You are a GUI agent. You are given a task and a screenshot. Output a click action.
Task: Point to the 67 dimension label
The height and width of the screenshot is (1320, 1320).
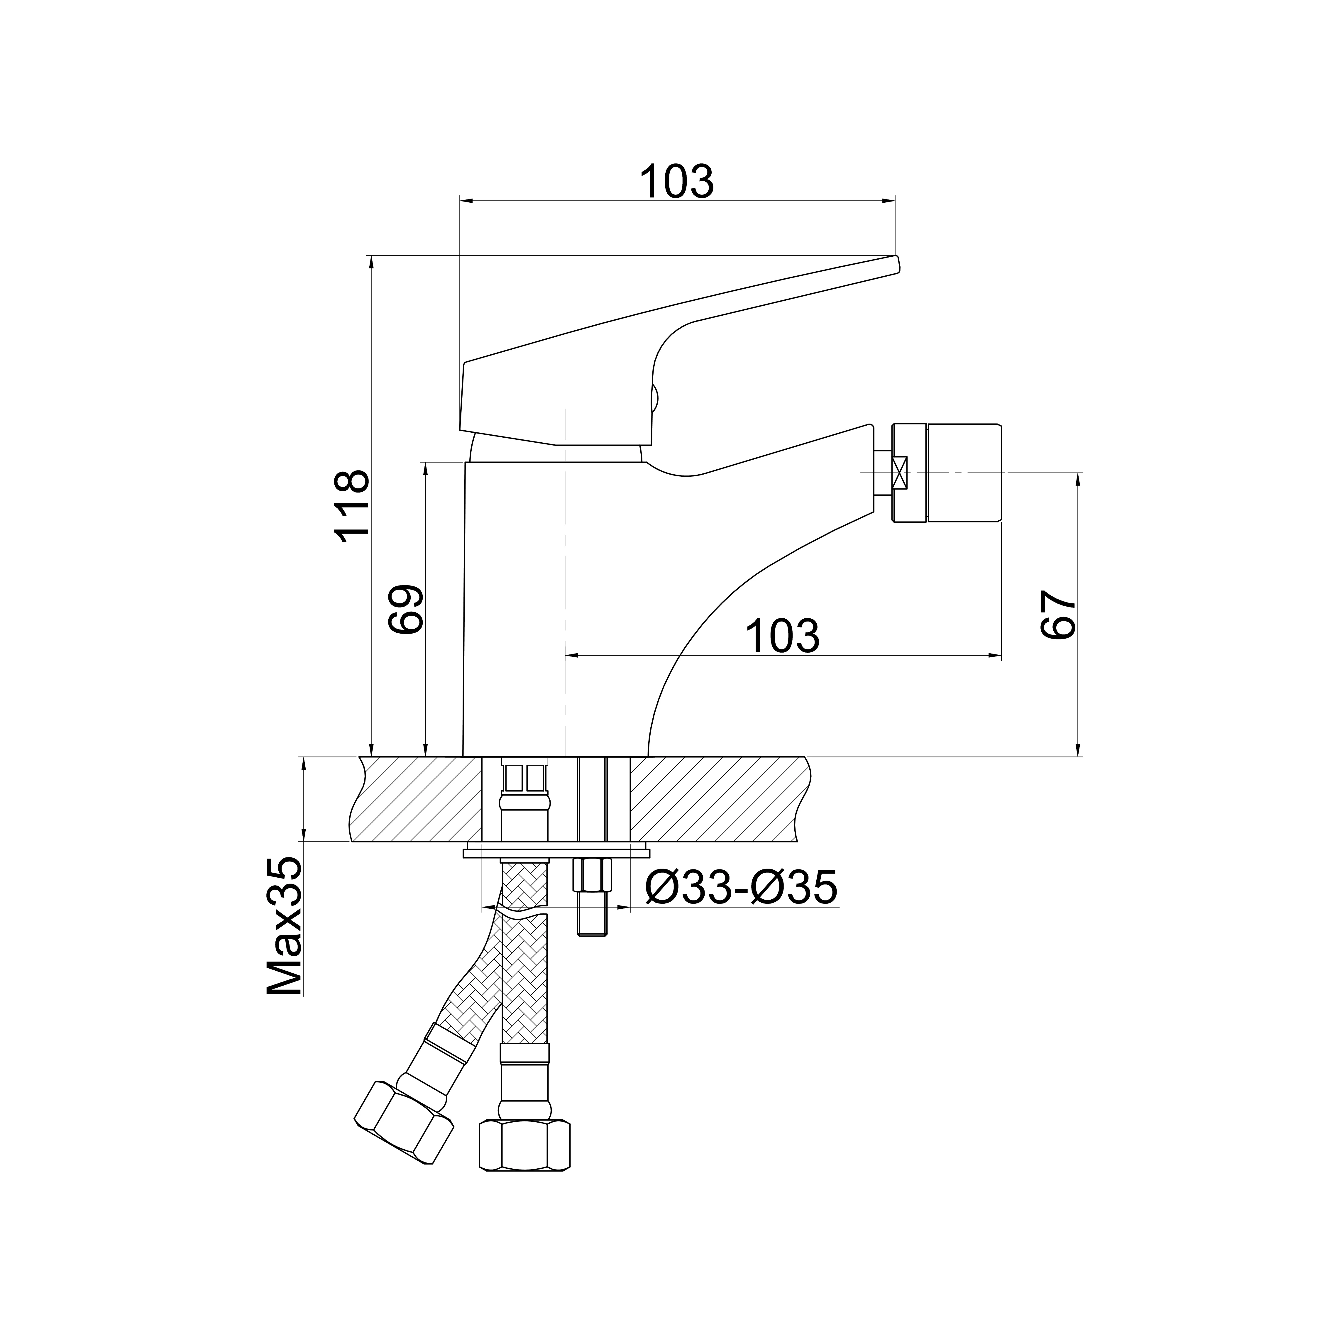[x=1058, y=615]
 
